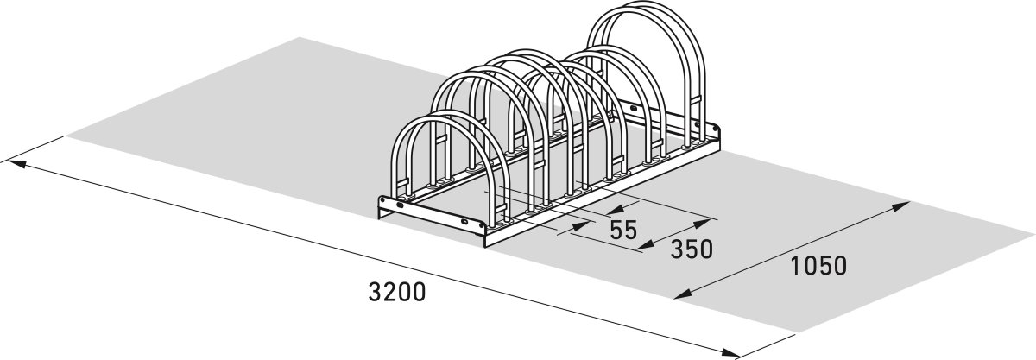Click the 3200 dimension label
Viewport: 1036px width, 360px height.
tap(397, 292)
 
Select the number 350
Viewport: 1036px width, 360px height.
tap(691, 249)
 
